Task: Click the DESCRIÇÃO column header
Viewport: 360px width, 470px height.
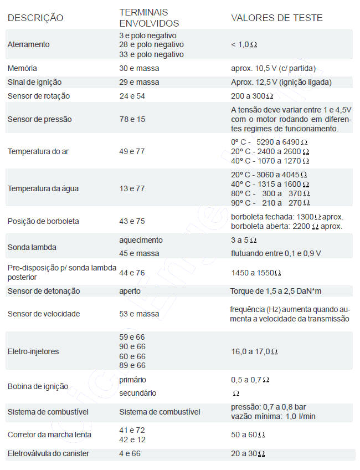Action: pyautogui.click(x=35, y=18)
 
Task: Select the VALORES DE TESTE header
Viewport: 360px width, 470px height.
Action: pyautogui.click(x=276, y=18)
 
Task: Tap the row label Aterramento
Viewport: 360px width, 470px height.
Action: pyautogui.click(x=28, y=44)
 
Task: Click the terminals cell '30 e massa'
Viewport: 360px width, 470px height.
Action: pyautogui.click(x=139, y=68)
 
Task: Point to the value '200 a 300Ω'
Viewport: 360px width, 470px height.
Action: pyautogui.click(x=254, y=96)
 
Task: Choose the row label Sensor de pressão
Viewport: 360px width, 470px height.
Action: pyautogui.click(x=39, y=119)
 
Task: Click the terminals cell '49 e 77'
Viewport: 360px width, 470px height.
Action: pyautogui.click(x=132, y=150)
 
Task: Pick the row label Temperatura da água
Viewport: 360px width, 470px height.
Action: pyautogui.click(x=43, y=188)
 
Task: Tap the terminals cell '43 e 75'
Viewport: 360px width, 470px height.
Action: pyautogui.click(x=132, y=221)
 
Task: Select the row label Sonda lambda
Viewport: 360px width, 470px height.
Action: pyautogui.click(x=32, y=247)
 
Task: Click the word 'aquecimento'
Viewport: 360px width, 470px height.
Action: pyautogui.click(x=141, y=240)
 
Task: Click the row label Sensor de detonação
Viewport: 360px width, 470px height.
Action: pyautogui.click(x=44, y=291)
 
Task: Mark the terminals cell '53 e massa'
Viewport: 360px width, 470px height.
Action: pyautogui.click(x=139, y=314)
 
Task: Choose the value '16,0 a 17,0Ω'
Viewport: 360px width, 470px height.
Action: pyautogui.click(x=254, y=351)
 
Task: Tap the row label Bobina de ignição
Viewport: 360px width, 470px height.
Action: pyautogui.click(x=38, y=386)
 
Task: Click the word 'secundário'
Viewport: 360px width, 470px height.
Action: pyautogui.click(x=138, y=393)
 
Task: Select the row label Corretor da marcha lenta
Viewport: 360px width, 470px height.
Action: pyautogui.click(x=49, y=435)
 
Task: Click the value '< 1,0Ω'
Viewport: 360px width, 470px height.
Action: pyautogui.click(x=244, y=44)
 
